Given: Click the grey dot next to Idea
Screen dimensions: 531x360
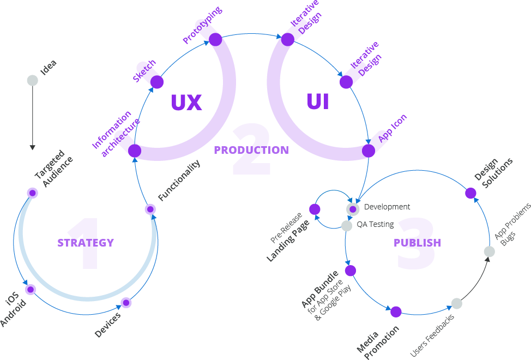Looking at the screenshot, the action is click(33, 81).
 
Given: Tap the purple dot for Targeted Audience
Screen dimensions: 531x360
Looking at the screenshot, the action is click(33, 193).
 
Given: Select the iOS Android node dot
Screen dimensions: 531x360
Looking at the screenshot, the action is click(31, 290).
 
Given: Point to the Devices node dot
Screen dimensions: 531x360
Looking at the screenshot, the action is click(126, 302).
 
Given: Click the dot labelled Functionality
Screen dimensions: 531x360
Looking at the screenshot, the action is click(150, 209).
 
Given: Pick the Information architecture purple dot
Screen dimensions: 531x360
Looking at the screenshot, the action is click(135, 151).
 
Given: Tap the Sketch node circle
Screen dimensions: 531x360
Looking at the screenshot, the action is click(157, 82).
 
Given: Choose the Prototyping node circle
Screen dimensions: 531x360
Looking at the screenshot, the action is click(215, 40).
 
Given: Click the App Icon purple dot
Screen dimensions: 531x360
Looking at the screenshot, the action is click(369, 151).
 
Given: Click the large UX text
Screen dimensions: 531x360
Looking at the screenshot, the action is click(186, 103).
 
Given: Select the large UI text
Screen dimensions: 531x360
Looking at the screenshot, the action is click(318, 101).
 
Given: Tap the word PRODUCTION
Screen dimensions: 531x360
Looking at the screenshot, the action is click(251, 150).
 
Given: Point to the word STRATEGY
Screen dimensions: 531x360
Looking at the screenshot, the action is click(86, 243).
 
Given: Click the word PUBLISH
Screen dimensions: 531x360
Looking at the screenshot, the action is click(417, 243).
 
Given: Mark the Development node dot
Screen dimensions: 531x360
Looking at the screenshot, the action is click(353, 209).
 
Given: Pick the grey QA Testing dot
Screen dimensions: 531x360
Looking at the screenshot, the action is click(347, 226).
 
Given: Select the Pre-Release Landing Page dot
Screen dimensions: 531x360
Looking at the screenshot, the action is click(315, 209).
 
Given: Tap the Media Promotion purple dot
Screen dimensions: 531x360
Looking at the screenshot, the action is click(396, 312).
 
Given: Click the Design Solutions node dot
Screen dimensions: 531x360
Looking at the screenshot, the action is click(470, 193).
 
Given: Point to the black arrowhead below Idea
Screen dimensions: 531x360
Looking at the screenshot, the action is click(33, 147).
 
